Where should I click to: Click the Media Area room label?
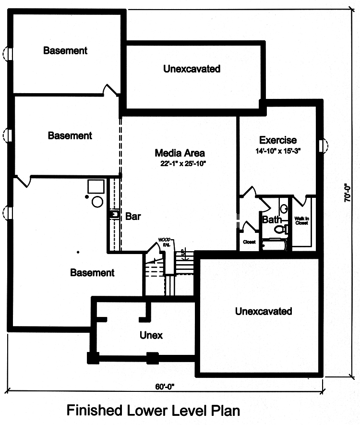pyautogui.click(x=180, y=153)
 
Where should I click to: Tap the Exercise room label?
pyautogui.click(x=278, y=140)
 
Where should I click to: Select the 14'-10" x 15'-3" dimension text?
pyautogui.click(x=278, y=151)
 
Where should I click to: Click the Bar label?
pyautogui.click(x=133, y=216)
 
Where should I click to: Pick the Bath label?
pyautogui.click(x=272, y=220)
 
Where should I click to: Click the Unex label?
pyautogui.click(x=151, y=335)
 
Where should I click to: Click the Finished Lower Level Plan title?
pyautogui.click(x=153, y=411)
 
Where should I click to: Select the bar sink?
pyautogui.click(x=114, y=214)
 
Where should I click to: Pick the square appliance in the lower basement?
pyautogui.click(x=95, y=186)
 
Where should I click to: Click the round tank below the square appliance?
pyautogui.click(x=97, y=201)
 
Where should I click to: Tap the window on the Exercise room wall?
pyautogui.click(x=323, y=144)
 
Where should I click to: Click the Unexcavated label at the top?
pyautogui.click(x=192, y=69)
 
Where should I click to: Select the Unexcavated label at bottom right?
pyautogui.click(x=263, y=311)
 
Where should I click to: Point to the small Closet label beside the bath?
pyautogui.click(x=249, y=242)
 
